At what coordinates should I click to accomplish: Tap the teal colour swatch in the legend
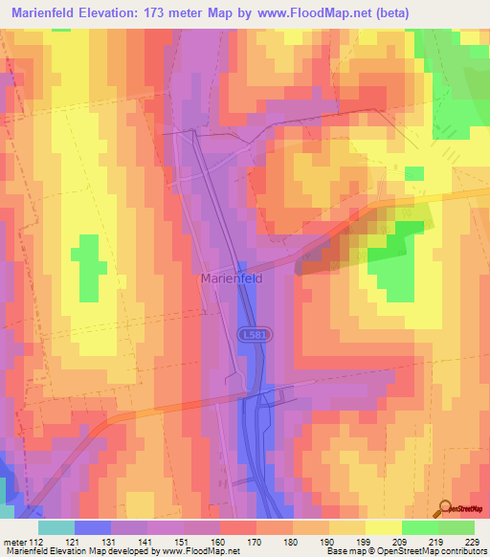point(56,526)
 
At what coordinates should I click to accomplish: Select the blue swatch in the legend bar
point(93,526)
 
